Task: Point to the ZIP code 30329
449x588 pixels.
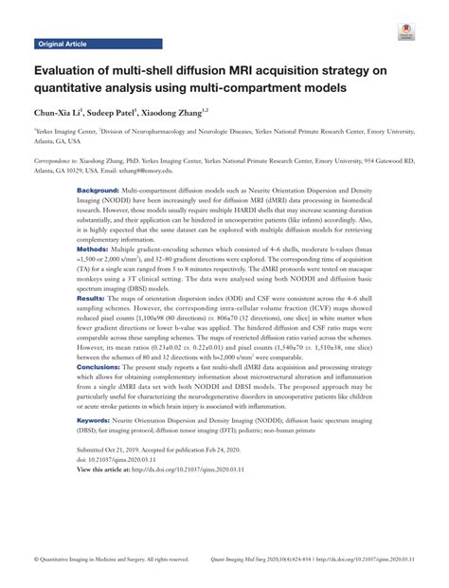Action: pyautogui.click(x=87, y=171)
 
